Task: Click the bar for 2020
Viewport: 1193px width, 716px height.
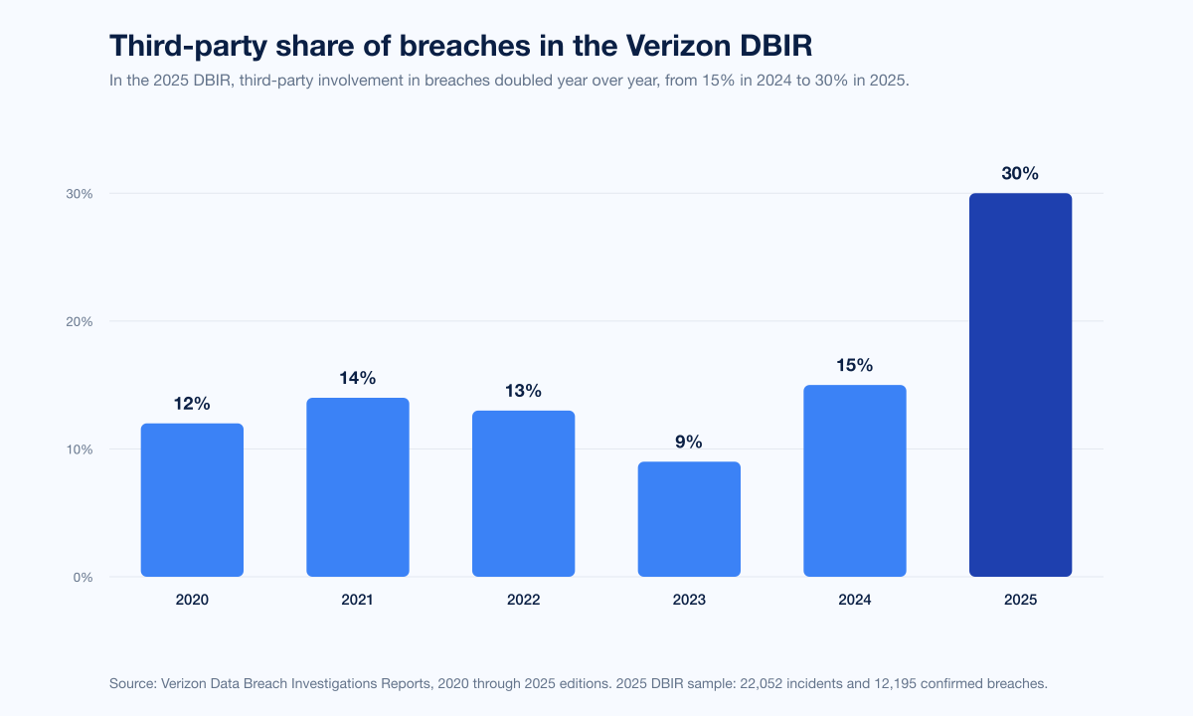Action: [192, 500]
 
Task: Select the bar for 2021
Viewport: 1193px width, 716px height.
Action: [358, 487]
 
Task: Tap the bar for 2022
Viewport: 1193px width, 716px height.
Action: [523, 493]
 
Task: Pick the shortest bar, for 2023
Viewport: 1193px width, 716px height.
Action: [689, 519]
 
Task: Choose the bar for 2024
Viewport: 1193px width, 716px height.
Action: [855, 480]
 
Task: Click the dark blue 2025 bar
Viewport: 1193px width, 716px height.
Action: [1020, 385]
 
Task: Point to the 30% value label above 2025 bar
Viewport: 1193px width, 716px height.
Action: [1020, 174]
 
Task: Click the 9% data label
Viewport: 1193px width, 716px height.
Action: [689, 443]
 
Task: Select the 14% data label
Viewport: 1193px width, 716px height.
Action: [358, 379]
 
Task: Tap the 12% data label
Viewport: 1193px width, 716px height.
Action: [192, 405]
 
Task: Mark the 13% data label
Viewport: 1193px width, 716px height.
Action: [523, 392]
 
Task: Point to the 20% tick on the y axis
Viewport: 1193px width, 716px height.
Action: [81, 321]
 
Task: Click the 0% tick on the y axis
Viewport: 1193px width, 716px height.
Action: [84, 577]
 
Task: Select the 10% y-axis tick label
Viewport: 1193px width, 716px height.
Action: [81, 449]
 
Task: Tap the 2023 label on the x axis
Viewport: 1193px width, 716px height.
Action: [689, 601]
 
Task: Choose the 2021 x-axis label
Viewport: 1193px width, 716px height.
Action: [358, 601]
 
